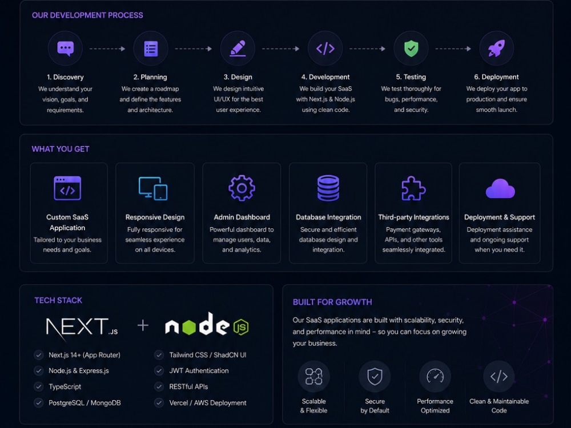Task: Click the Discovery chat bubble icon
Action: coord(66,49)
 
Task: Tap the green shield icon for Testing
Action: coord(411,49)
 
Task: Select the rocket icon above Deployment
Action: coord(496,49)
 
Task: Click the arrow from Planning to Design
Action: coord(194,49)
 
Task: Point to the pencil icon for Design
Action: coord(238,49)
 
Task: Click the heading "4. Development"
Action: coord(325,77)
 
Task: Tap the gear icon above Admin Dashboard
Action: coord(242,188)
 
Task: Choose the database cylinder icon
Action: coord(328,188)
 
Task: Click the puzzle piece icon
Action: coord(413,188)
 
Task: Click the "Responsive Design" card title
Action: coord(155,217)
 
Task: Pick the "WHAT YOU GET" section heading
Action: coord(61,149)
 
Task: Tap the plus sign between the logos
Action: coord(143,325)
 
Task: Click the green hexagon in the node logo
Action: coord(189,327)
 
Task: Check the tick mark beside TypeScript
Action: coord(39,386)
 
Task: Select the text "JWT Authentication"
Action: coord(199,370)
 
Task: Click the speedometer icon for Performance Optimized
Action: coord(435,376)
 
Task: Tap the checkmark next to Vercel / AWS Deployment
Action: coord(159,402)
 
